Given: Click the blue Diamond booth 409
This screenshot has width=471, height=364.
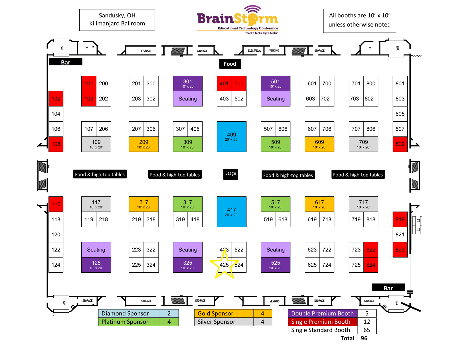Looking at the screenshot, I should click(x=231, y=136).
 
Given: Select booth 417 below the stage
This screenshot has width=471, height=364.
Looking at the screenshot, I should click(x=231, y=212).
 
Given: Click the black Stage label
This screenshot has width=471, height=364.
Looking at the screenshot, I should click(x=231, y=174).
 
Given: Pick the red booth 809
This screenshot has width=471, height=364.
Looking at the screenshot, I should click(x=400, y=144).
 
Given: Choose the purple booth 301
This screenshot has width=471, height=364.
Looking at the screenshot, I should click(x=187, y=83).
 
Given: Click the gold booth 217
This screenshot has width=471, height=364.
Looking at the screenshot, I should click(x=143, y=204).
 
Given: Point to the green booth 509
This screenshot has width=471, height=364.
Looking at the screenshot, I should click(x=275, y=144).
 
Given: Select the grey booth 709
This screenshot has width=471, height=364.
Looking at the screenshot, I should click(x=363, y=144).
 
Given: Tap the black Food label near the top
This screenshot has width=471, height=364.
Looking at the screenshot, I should click(x=230, y=64).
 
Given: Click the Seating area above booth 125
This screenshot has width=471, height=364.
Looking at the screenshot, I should click(x=96, y=250).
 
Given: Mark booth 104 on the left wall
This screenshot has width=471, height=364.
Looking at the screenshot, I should click(x=56, y=114).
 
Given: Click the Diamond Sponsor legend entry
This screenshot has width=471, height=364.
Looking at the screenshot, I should click(x=129, y=313).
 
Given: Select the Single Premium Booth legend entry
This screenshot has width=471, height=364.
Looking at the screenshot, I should click(x=323, y=322).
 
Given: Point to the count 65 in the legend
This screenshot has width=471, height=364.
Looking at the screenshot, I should click(x=367, y=330).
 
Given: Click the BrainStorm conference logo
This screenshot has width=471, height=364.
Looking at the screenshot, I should click(x=237, y=20).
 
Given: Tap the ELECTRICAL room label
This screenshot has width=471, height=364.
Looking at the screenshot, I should click(x=254, y=51).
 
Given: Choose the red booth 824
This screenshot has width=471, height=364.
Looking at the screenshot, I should click(x=371, y=265).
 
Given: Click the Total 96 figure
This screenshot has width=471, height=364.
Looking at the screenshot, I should click(x=364, y=338).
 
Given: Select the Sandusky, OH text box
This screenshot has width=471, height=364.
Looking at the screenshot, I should click(x=117, y=20).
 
